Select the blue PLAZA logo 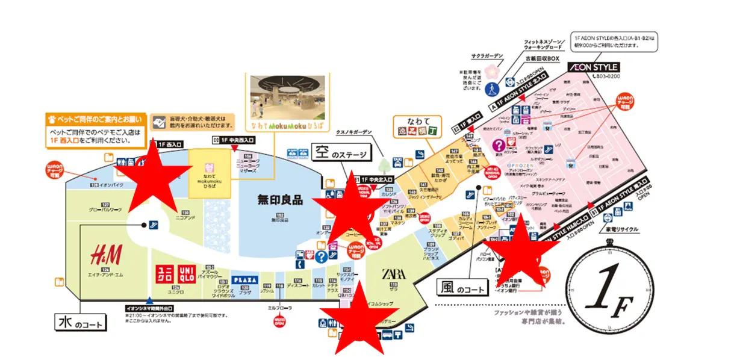tap(244, 280)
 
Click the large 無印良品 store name tap(280, 200)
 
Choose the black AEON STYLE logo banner tap(593, 67)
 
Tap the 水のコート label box tap(82, 321)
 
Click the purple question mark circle tap(499, 145)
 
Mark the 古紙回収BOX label tap(542, 58)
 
